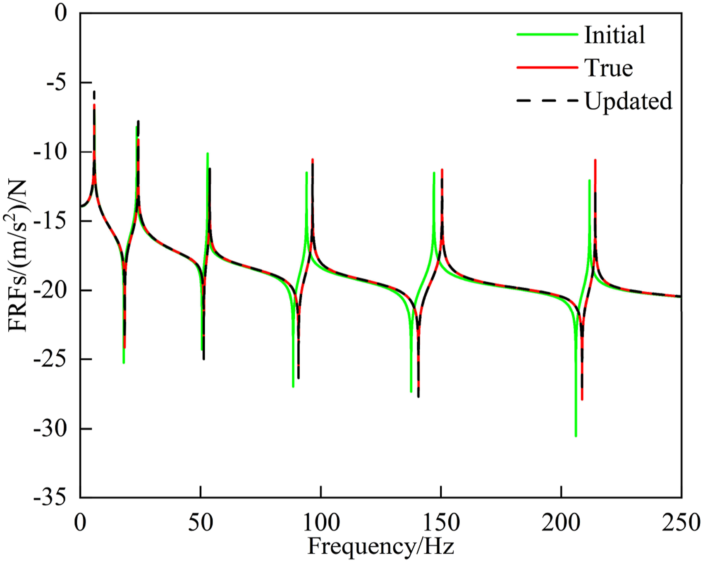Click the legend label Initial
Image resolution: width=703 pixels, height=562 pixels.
click(x=615, y=35)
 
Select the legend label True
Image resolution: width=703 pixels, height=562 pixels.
click(x=608, y=68)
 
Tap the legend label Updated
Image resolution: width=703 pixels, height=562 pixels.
click(x=628, y=101)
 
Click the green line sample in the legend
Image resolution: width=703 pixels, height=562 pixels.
click(x=547, y=35)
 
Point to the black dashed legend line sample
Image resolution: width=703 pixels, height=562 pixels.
click(x=547, y=101)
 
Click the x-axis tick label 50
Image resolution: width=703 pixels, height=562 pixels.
click(x=201, y=523)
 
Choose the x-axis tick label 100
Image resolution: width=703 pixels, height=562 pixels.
click(x=321, y=523)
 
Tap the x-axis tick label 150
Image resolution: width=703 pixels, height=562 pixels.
click(x=441, y=523)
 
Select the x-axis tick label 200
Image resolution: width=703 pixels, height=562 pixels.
click(x=561, y=523)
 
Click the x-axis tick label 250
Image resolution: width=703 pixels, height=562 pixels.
click(x=681, y=523)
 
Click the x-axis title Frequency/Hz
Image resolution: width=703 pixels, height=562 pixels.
click(x=381, y=546)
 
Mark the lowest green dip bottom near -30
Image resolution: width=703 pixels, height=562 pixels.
click(x=576, y=436)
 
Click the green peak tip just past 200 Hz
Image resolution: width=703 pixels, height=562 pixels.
click(x=589, y=180)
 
